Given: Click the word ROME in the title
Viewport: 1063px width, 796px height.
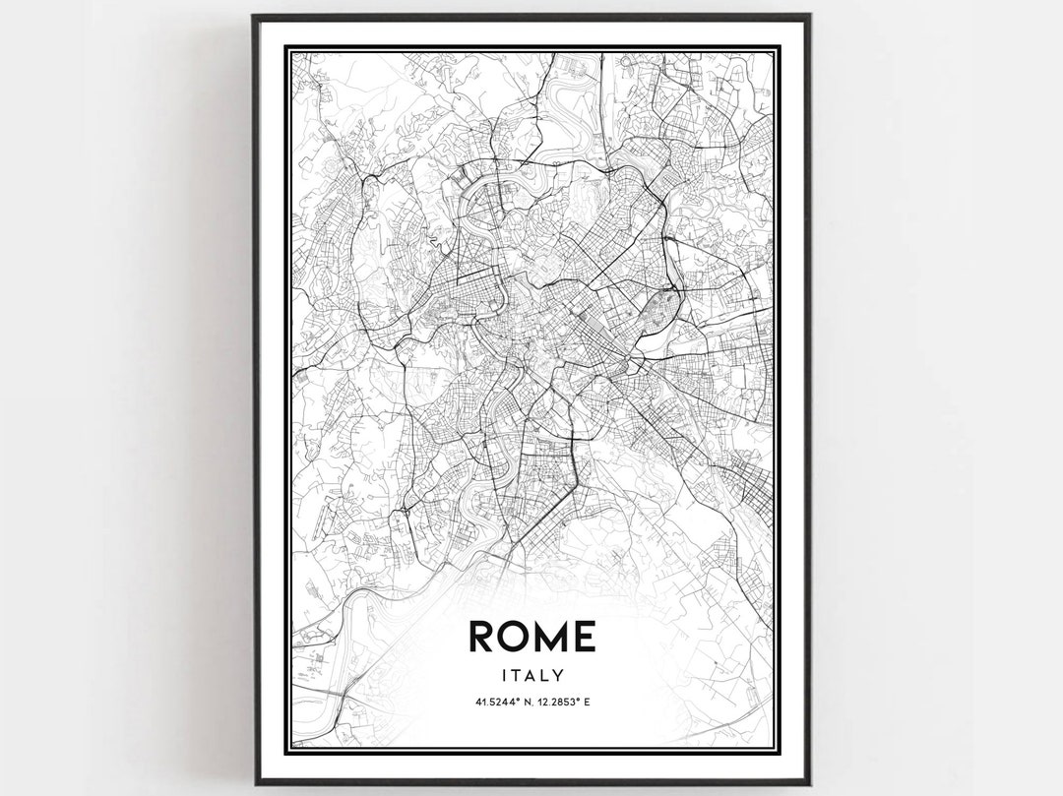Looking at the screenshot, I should tap(531, 637).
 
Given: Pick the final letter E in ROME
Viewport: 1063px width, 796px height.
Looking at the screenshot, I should tap(583, 637).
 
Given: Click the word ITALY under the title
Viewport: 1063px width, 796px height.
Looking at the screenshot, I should tap(531, 676).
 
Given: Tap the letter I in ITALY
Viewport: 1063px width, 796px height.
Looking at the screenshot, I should tap(502, 676).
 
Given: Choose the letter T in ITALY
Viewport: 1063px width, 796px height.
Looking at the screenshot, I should tap(515, 676).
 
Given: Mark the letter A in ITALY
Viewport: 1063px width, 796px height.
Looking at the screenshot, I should tap(531, 676).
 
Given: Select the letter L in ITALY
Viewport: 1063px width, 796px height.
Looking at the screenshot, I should tap(545, 676).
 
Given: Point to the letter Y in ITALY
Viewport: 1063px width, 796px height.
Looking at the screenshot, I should tap(559, 676).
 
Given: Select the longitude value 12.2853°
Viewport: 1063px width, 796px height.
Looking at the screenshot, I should tap(556, 703).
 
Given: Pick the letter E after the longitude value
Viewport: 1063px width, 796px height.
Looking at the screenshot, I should tap(586, 703).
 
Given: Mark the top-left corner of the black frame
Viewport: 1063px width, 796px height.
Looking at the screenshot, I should tap(254, 16).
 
